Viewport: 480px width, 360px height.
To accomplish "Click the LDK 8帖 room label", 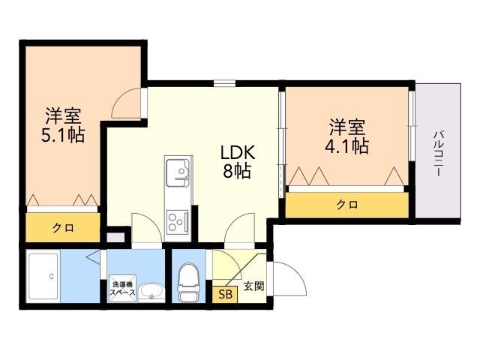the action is pos(237,161).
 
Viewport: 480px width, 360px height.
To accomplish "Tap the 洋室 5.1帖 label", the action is pos(63,125).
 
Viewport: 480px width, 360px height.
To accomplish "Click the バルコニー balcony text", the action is pos(438,153).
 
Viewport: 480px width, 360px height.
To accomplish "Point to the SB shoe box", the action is pos(225,294).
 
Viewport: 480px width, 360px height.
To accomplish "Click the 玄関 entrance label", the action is pos(253,286).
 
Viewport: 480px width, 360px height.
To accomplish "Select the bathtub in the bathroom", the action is pos(43,277).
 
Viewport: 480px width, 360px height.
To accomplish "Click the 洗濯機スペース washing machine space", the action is pos(122,288).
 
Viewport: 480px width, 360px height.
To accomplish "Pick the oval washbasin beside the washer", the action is pos(151,292).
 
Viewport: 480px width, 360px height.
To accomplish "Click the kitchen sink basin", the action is pos(178,172).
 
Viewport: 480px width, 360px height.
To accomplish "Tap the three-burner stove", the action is pos(178,221).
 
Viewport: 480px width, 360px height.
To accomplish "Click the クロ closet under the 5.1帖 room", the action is pos(63,227).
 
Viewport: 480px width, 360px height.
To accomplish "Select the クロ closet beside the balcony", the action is pos(346,205).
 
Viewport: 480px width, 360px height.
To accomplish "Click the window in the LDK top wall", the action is pos(224,83).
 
